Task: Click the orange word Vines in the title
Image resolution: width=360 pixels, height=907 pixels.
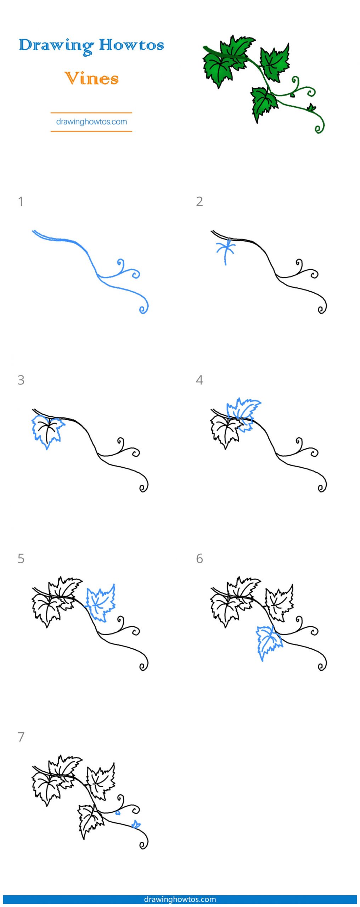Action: pyautogui.click(x=91, y=79)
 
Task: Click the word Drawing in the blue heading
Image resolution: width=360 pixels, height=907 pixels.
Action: pyautogui.click(x=56, y=46)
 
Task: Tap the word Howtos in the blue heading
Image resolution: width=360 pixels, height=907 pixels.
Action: pyautogui.click(x=131, y=45)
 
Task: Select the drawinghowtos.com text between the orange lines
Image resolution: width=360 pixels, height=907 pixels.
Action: pyautogui.click(x=91, y=122)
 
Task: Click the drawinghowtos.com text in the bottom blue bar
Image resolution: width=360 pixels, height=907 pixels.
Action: pyautogui.click(x=180, y=899)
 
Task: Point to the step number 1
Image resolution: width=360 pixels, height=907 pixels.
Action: pyautogui.click(x=21, y=202)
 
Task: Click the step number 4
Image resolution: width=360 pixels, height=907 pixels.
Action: pyautogui.click(x=199, y=380)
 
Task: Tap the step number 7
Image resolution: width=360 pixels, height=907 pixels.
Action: pyautogui.click(x=21, y=737)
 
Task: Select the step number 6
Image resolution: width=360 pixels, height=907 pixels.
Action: pyautogui.click(x=199, y=559)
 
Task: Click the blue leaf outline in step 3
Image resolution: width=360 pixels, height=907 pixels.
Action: pyautogui.click(x=47, y=430)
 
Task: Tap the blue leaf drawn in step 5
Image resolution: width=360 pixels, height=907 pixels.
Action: pyautogui.click(x=101, y=602)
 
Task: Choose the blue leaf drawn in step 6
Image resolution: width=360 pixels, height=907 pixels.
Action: pyautogui.click(x=269, y=642)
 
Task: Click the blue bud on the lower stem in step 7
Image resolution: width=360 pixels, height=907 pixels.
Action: pyautogui.click(x=136, y=824)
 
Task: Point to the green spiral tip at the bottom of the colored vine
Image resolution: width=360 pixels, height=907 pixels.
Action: pyautogui.click(x=319, y=128)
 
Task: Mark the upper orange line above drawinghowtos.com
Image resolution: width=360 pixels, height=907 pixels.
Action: pyautogui.click(x=91, y=113)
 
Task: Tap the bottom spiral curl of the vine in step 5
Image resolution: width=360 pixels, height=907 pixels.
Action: pyautogui.click(x=144, y=666)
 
